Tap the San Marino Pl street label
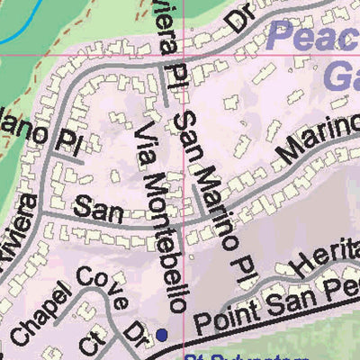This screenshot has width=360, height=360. click(207, 180)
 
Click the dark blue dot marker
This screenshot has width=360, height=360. click(162, 335)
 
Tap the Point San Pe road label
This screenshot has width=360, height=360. click(270, 306)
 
